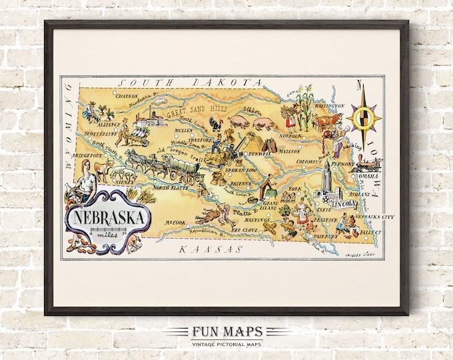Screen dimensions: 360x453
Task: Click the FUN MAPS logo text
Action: [226, 333]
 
